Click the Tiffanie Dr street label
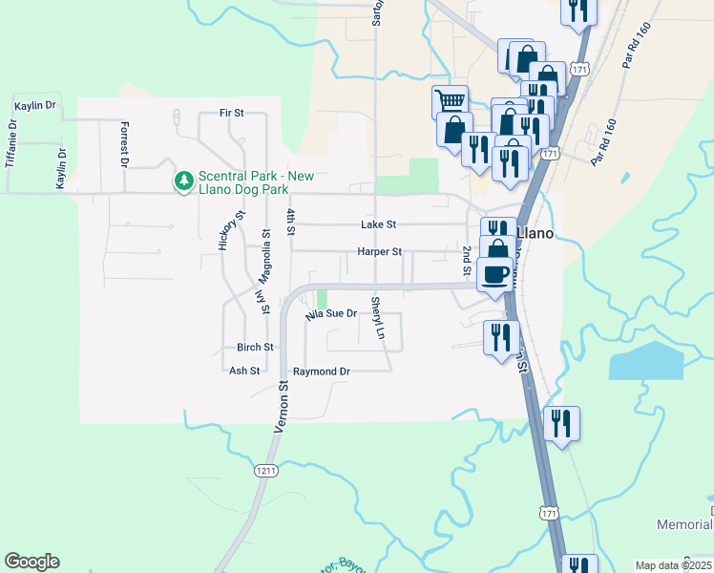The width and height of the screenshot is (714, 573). pyautogui.click(x=11, y=143)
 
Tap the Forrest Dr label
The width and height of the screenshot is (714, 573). pyautogui.click(x=124, y=144)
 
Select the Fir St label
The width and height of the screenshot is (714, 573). pyautogui.click(x=232, y=113)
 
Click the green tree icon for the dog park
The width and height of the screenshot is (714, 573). pyautogui.click(x=183, y=180)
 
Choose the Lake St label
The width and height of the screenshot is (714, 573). pyautogui.click(x=378, y=224)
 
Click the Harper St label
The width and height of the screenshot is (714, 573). pyautogui.click(x=380, y=252)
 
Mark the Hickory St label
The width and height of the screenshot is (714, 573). pyautogui.click(x=226, y=230)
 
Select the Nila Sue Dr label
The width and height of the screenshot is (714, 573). pyautogui.click(x=331, y=313)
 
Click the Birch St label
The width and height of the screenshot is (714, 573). pyautogui.click(x=256, y=348)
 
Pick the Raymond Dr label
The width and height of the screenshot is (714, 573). pyautogui.click(x=322, y=371)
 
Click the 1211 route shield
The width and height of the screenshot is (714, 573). pyautogui.click(x=266, y=470)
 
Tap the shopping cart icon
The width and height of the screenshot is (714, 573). pyautogui.click(x=450, y=100)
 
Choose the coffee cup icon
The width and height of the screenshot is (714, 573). pyautogui.click(x=493, y=274)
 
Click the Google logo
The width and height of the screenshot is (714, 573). pyautogui.click(x=31, y=562)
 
